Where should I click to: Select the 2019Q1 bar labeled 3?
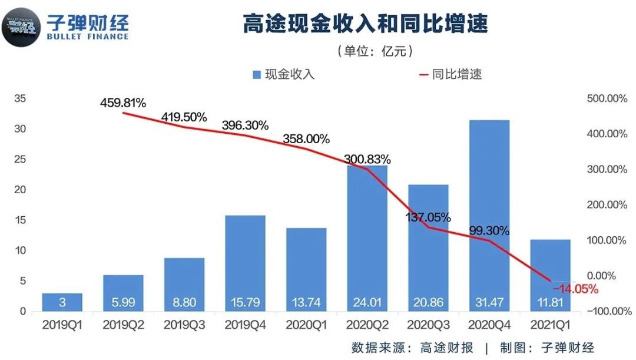(x=62, y=302)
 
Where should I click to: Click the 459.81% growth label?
(x=122, y=103)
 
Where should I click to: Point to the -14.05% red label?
(x=575, y=289)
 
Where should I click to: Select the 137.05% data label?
(x=428, y=217)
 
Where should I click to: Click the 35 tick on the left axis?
(x=19, y=99)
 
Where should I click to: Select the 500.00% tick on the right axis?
(x=607, y=99)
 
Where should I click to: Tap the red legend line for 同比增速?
(x=422, y=75)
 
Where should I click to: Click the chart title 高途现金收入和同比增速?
(x=365, y=25)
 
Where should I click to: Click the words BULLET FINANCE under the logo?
(x=88, y=37)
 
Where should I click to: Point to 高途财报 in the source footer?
(x=447, y=347)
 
